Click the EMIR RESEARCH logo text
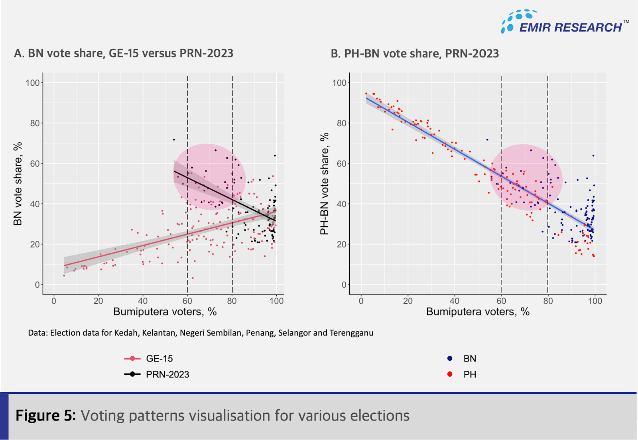coord(570,27)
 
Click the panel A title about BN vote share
coord(124,53)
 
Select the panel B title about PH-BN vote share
coord(415,53)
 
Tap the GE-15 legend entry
coord(159,359)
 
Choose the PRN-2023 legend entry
coord(167,375)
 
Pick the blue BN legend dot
coord(450,358)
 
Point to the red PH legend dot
coord(450,374)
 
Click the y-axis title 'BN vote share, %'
coord(18,184)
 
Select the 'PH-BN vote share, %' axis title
coord(324,184)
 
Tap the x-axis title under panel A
coord(165,312)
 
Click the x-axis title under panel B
coord(478,312)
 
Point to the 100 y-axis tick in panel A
coord(33,83)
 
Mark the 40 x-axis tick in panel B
coord(455,301)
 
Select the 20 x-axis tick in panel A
coord(98,301)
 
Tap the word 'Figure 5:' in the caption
coord(45,416)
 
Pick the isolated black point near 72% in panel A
coord(174,139)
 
